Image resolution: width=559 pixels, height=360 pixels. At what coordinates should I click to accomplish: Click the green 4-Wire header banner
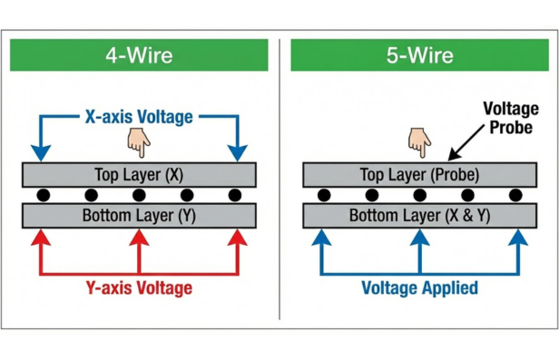(139, 54)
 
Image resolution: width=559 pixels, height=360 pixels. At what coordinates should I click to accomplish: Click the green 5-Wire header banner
(419, 54)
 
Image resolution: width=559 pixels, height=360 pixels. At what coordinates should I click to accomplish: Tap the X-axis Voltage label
(138, 116)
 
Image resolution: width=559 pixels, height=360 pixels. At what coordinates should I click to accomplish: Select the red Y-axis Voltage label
(138, 288)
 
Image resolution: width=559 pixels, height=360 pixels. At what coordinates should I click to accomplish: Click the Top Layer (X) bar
(139, 173)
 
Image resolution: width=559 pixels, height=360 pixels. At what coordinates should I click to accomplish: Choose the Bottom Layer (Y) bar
(139, 216)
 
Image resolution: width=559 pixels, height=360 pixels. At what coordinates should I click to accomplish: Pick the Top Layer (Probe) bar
(419, 173)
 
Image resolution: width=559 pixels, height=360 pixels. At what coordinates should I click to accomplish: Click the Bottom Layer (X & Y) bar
(419, 216)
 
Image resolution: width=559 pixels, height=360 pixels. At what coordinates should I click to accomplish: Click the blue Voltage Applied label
(419, 288)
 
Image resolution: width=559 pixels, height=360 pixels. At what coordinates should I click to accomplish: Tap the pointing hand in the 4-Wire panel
(138, 141)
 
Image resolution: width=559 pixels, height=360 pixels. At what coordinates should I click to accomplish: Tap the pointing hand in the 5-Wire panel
(418, 141)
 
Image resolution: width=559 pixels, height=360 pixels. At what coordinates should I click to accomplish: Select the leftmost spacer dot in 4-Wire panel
(42, 195)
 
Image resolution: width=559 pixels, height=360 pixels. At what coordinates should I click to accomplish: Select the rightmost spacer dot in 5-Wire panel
(515, 195)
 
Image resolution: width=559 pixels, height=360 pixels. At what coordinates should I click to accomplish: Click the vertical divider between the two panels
(279, 181)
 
